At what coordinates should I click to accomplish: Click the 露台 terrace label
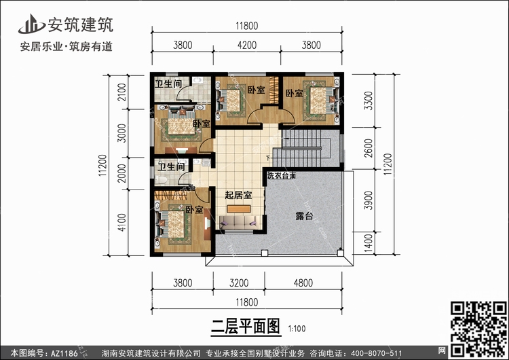(x=304, y=216)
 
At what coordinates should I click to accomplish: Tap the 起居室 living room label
(x=238, y=196)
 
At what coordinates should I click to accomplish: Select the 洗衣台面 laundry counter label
(x=281, y=176)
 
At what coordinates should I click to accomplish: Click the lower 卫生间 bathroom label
(x=171, y=166)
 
